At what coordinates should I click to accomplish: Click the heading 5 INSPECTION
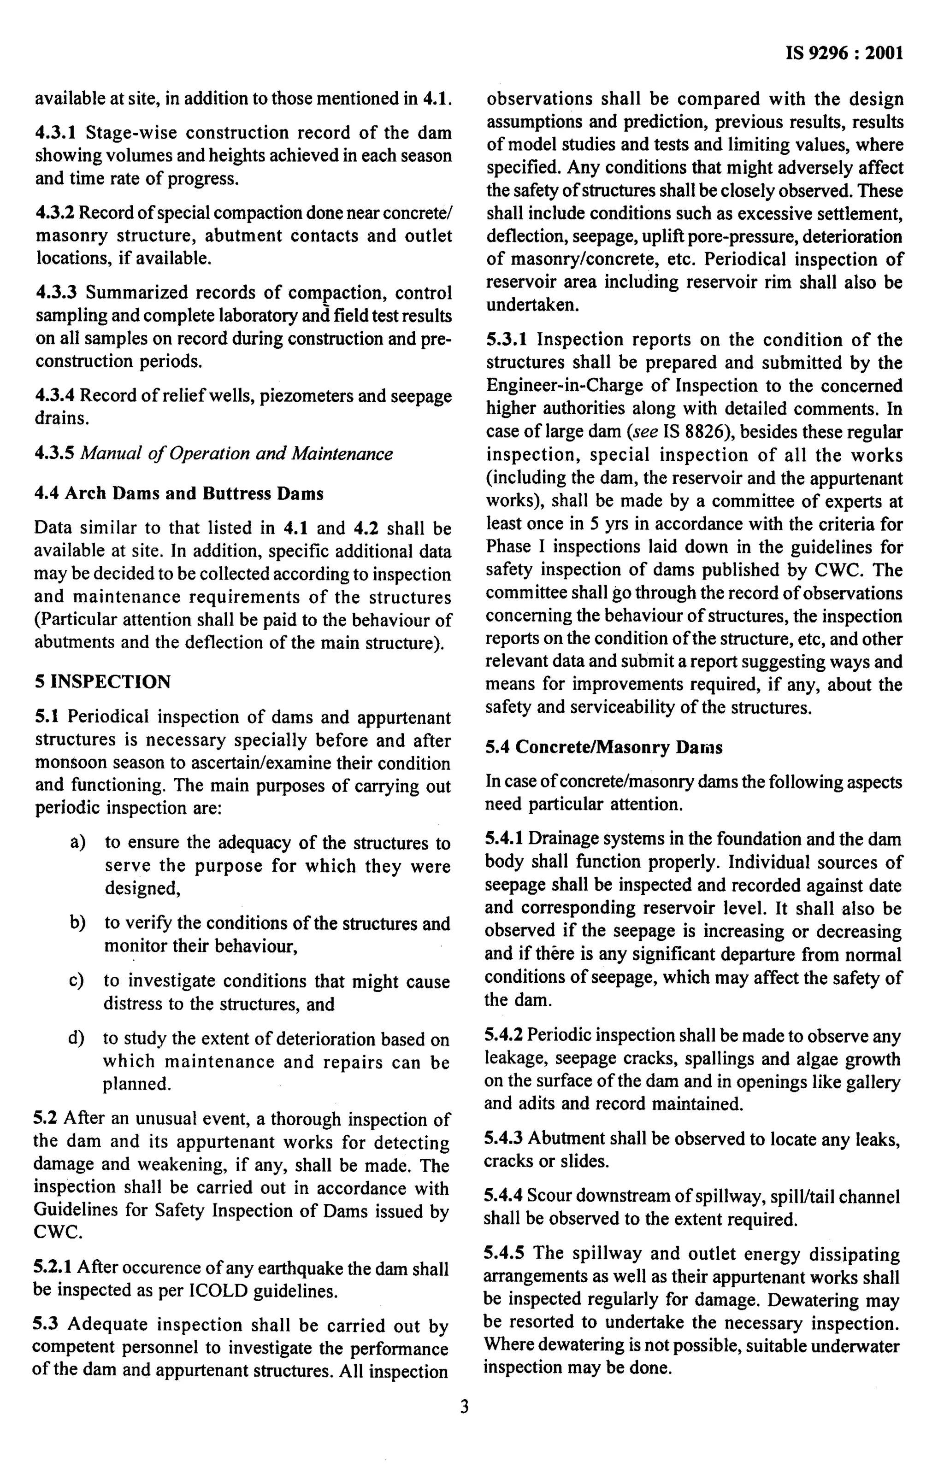tap(102, 681)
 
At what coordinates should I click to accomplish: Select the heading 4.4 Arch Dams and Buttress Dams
tap(178, 493)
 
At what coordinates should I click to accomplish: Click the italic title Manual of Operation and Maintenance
tap(236, 454)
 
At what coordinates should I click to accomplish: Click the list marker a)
tap(78, 843)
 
